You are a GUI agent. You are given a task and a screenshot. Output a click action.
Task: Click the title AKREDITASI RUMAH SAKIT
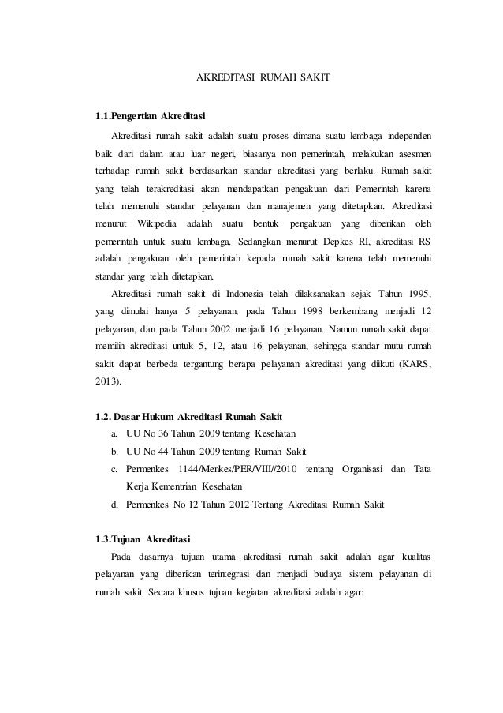tap(263, 79)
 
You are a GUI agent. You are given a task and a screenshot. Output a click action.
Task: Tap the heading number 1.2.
tap(103, 416)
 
